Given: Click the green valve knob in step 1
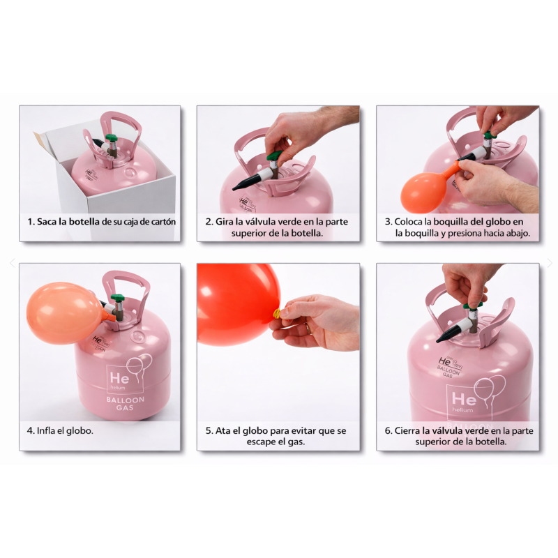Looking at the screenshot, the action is pyautogui.click(x=111, y=138).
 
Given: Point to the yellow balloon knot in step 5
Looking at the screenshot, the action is pyautogui.click(x=276, y=314).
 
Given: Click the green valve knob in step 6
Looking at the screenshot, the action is pyautogui.click(x=472, y=306).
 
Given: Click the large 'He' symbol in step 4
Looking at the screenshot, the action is pyautogui.click(x=119, y=377).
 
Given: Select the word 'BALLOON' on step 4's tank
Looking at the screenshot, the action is pyautogui.click(x=125, y=400).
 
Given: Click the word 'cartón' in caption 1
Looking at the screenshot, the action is pyautogui.click(x=163, y=222).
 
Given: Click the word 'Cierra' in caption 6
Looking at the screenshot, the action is pyautogui.click(x=407, y=430).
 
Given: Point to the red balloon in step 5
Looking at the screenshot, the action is pyautogui.click(x=236, y=304).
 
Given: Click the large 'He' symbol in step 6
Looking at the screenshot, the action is pyautogui.click(x=464, y=399).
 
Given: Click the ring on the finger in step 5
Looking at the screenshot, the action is pyautogui.click(x=308, y=329).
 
